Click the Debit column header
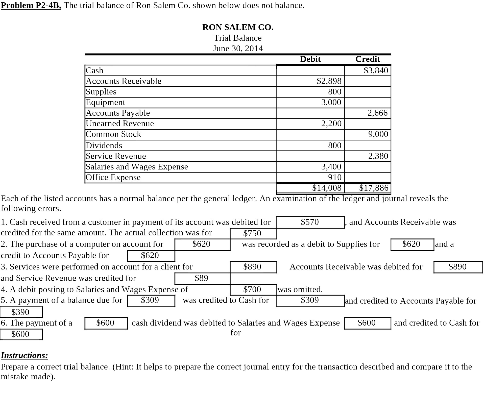[x=310, y=59]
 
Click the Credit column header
[x=368, y=59]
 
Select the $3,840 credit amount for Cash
[x=376, y=70]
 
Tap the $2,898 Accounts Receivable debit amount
[x=329, y=81]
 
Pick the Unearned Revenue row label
[x=120, y=124]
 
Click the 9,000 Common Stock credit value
[x=378, y=134]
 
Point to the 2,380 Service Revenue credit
[x=378, y=156]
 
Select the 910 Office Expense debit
[x=334, y=177]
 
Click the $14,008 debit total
[x=327, y=188]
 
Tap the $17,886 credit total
[x=374, y=188]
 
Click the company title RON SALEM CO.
[x=238, y=27]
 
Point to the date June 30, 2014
[x=238, y=48]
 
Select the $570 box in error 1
[x=310, y=222]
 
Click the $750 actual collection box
[x=252, y=233]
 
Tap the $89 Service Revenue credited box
[x=201, y=278]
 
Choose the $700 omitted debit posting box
[x=252, y=289]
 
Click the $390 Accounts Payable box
[x=20, y=312]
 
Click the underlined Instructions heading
[x=24, y=355]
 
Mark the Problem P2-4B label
[x=31, y=5]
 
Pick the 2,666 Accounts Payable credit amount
[x=377, y=113]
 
